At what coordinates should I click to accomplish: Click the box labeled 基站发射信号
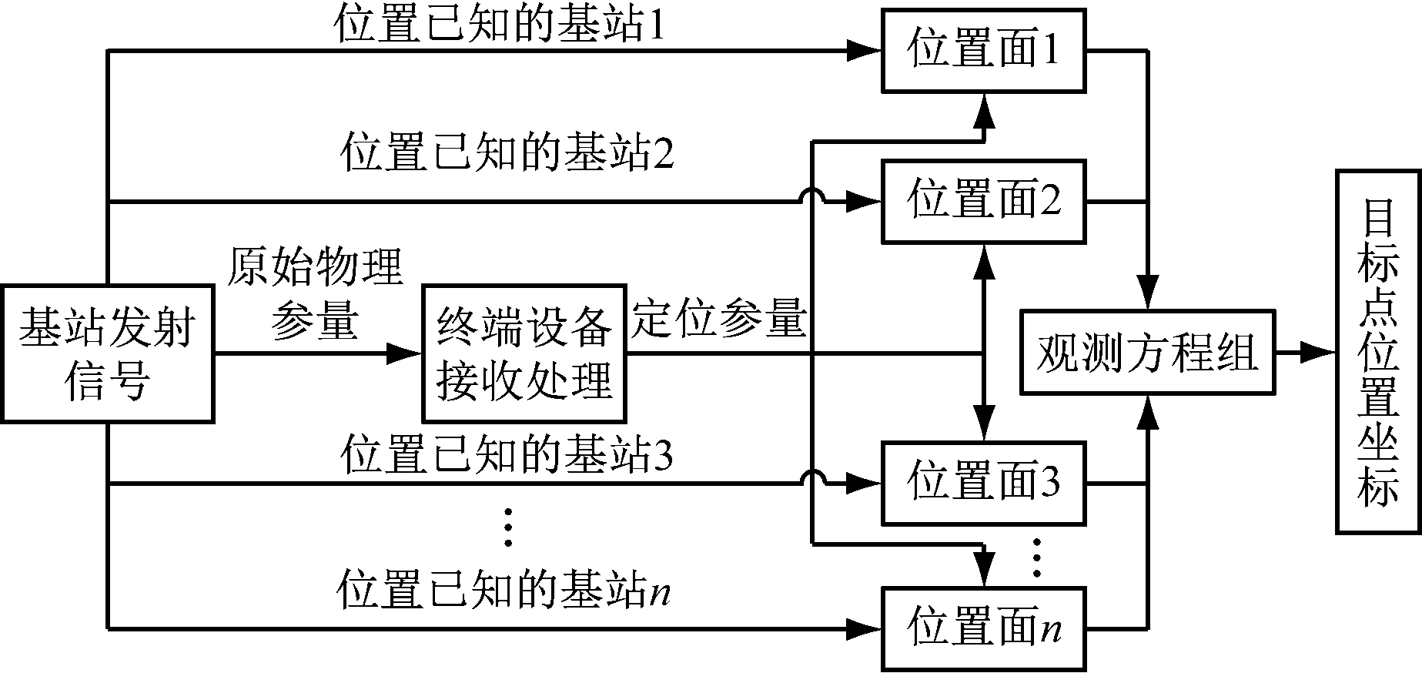click(107, 354)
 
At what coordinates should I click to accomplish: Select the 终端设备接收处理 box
click(524, 354)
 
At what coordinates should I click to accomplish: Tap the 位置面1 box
click(984, 51)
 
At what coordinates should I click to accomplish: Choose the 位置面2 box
click(984, 202)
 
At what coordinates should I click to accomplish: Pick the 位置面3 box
click(984, 483)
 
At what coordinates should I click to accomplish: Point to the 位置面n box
click(984, 628)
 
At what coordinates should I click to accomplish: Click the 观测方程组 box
click(1147, 353)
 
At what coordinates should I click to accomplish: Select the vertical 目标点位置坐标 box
click(1378, 351)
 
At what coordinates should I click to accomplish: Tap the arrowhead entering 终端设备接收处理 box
click(407, 354)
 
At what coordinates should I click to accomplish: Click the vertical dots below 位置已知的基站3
click(507, 527)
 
